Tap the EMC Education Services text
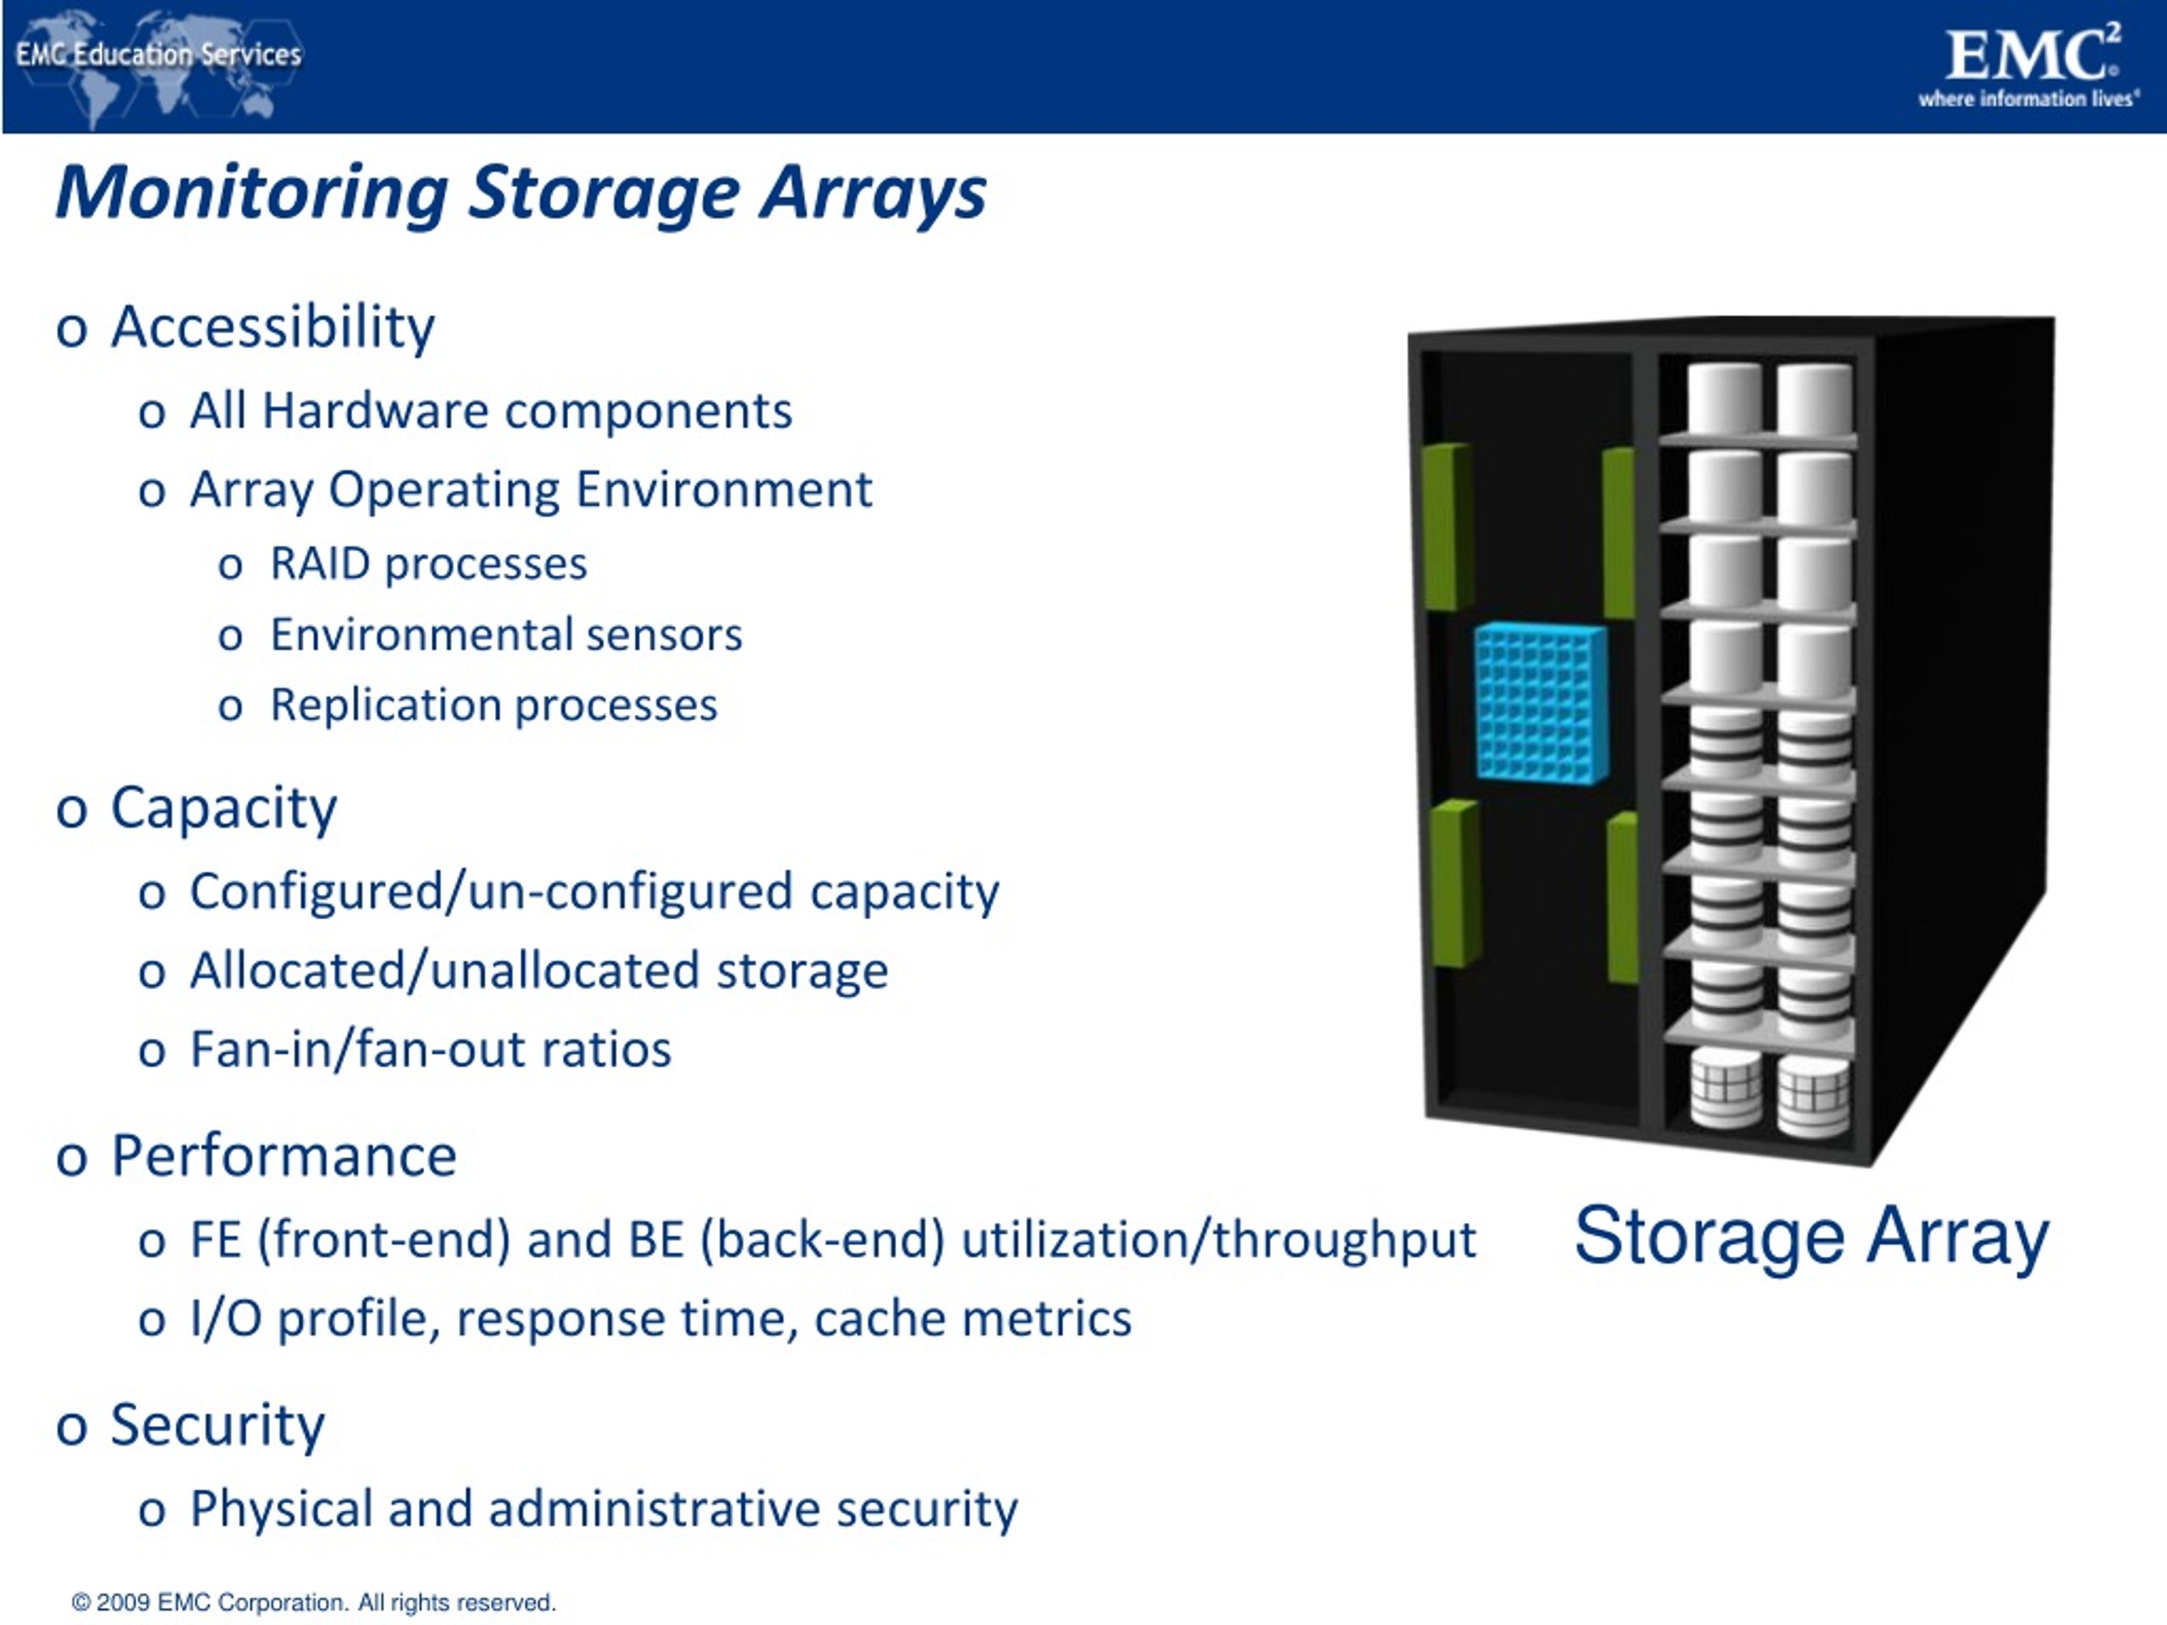tap(158, 54)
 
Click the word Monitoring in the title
tap(251, 192)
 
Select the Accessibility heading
tap(273, 328)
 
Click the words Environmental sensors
tap(505, 635)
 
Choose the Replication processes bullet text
tap(494, 705)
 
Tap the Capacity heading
tap(223, 808)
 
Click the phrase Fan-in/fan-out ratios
tap(430, 1049)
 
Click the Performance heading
tap(283, 1156)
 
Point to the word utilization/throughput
tap(1218, 1240)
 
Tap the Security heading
tap(217, 1425)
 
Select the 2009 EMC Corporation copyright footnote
tap(313, 1602)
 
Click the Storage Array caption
tap(1811, 1237)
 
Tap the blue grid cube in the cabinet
tap(1540, 702)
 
